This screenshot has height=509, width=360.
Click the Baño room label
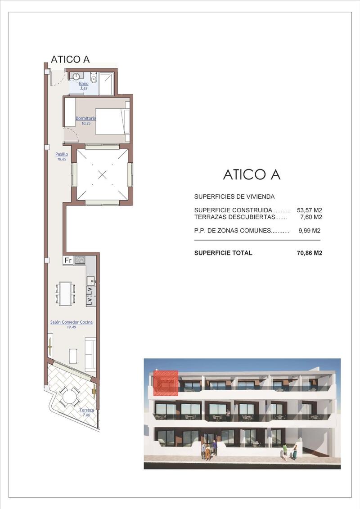84,84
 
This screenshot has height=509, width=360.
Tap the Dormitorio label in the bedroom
86,118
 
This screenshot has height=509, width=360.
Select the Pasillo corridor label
61,154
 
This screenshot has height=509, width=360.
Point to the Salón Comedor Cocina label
72,322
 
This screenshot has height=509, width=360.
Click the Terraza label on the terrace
86,410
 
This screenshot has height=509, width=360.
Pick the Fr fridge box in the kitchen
68,260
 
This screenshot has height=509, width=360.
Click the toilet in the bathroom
94,77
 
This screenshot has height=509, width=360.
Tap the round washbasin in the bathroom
76,76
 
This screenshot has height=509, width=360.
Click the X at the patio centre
102,175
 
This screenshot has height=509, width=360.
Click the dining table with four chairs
65,294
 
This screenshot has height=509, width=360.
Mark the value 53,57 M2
309,210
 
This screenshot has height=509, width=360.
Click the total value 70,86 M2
309,253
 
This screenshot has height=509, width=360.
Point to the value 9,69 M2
309,231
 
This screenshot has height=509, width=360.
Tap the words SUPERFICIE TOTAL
223,253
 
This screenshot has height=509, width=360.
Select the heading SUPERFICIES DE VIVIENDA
234,196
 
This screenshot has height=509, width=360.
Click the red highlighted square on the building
166,383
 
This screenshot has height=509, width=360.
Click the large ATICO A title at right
252,174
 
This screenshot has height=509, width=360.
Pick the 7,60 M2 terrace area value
311,217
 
